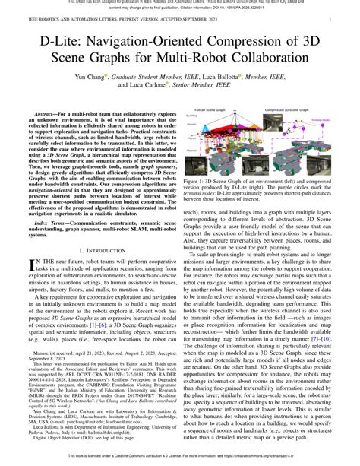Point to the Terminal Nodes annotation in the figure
(x=322, y=120)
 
